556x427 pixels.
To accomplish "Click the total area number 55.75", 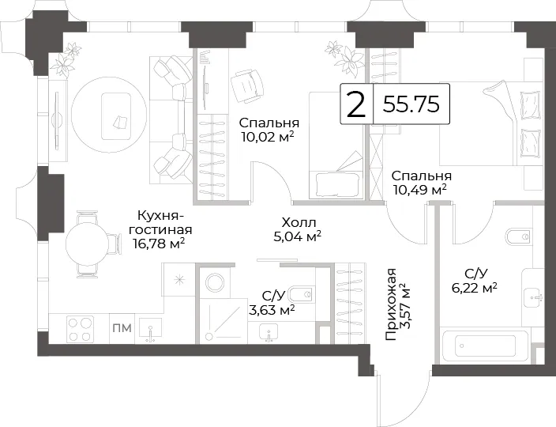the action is [x=411, y=104].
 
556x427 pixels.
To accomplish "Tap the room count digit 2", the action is [x=355, y=104].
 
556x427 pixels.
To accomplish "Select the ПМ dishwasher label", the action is [x=122, y=328].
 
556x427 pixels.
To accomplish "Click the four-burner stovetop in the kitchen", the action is [x=81, y=329].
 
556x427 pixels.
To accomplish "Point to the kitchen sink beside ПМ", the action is [x=151, y=330].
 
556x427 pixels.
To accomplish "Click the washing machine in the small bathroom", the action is [x=215, y=283].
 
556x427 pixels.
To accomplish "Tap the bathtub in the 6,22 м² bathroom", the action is [x=485, y=346].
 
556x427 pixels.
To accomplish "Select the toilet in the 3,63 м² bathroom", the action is [x=302, y=294].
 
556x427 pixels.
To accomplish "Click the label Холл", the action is [x=299, y=223].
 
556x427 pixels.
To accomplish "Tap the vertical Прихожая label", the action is [x=390, y=304].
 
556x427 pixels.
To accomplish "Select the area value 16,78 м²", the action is [x=159, y=244].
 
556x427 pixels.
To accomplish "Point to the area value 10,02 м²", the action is [x=268, y=136].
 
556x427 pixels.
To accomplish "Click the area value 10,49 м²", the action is [x=419, y=190].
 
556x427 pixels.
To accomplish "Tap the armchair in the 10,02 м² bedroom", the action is [x=247, y=85].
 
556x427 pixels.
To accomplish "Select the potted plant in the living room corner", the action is [x=66, y=59].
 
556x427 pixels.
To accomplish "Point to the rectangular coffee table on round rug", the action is [x=116, y=116].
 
